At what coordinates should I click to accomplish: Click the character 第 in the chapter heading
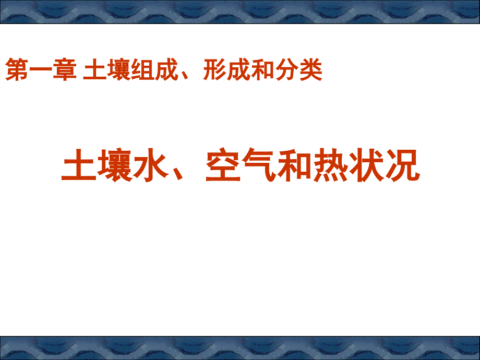[17, 70]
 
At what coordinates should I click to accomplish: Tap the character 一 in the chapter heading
[41, 70]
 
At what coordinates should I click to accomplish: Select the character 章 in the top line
[65, 70]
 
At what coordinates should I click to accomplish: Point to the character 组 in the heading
[143, 70]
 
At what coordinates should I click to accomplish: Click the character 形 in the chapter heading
[214, 70]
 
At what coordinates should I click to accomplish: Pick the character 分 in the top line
[287, 70]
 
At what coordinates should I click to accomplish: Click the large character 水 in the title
[151, 165]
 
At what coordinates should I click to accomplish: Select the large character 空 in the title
[223, 165]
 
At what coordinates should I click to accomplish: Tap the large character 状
[366, 165]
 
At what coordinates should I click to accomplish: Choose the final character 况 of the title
[402, 165]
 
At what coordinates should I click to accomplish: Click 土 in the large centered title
[79, 165]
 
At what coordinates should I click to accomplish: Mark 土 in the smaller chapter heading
[95, 70]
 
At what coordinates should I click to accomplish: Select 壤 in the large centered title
[115, 165]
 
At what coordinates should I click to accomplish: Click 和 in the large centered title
[295, 165]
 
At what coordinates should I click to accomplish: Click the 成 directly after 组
[167, 70]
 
